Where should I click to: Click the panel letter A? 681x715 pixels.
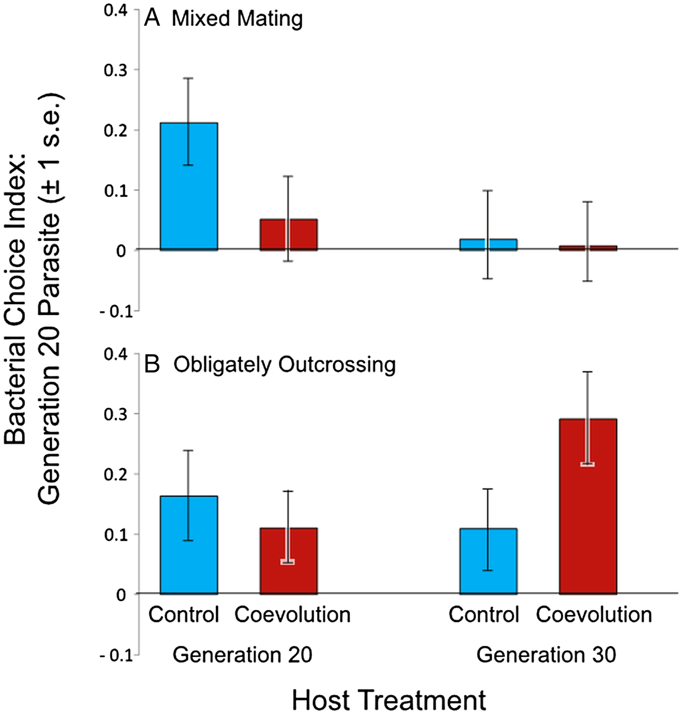[152, 18]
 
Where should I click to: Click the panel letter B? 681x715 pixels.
[152, 365]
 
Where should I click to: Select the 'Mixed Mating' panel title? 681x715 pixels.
[237, 19]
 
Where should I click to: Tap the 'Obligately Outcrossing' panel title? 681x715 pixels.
[285, 365]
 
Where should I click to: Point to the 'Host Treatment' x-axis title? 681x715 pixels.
[389, 700]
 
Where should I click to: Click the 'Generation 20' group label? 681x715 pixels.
[242, 655]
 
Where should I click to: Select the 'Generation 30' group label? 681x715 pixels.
[546, 655]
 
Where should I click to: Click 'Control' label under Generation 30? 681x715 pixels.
[484, 614]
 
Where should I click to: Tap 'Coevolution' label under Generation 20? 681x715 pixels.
[292, 614]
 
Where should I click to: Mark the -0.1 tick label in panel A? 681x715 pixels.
[116, 311]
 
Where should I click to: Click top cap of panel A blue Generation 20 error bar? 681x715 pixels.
[189, 78]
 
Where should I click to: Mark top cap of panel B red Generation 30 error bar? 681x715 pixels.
[588, 372]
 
